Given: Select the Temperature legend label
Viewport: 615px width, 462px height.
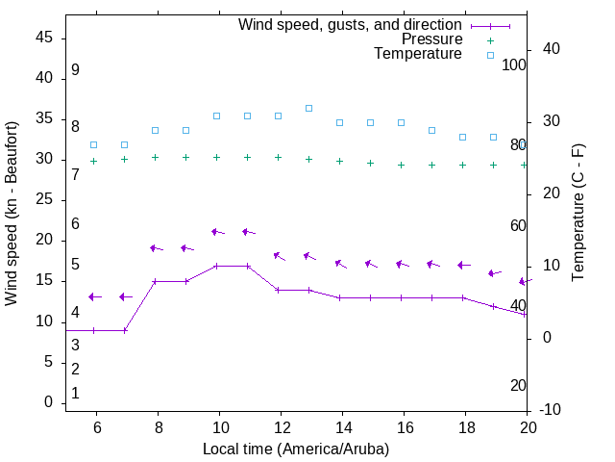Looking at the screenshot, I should tap(418, 54).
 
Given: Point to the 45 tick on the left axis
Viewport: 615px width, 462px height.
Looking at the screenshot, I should tap(44, 38).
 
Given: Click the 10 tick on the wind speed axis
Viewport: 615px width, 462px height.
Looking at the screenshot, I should tap(44, 321).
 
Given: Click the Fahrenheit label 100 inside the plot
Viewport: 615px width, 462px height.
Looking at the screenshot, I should tap(514, 64).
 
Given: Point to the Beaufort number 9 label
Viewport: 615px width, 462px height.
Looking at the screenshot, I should tap(75, 70).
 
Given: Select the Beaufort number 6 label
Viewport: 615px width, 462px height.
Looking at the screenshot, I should tap(75, 223).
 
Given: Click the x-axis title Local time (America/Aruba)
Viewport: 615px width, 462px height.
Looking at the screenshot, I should tap(296, 449).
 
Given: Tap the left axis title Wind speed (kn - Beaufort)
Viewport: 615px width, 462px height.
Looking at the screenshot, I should tap(12, 214).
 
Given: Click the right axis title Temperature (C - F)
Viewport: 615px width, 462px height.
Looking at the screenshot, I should tap(578, 214).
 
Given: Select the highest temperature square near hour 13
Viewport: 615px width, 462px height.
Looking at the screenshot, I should tap(308, 108).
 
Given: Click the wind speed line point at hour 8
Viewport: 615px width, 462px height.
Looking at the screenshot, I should tap(155, 282).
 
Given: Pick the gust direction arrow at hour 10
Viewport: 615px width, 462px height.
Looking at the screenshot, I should tap(217, 232).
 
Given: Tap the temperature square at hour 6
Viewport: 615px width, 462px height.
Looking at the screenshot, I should tap(93, 144).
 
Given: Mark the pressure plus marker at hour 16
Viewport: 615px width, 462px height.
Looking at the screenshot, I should tap(401, 165).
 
